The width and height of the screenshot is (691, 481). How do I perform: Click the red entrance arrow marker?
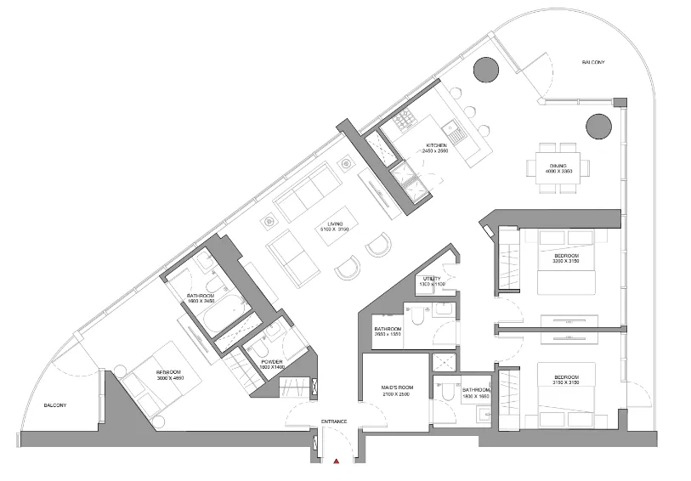(x=337, y=462)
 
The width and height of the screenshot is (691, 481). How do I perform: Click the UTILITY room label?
(x=432, y=279)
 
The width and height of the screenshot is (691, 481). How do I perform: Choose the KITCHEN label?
(x=437, y=145)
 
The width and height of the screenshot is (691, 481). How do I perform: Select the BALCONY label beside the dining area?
(x=593, y=63)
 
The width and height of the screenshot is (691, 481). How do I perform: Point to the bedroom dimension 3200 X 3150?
(x=566, y=262)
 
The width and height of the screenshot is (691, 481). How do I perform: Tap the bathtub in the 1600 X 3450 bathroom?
(x=204, y=322)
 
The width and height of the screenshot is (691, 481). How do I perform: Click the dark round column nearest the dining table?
(x=598, y=127)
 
